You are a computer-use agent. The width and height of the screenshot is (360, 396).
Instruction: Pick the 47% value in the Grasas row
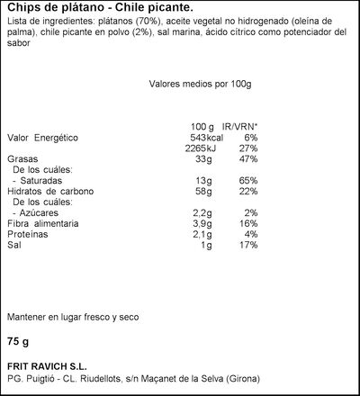pos(248,158)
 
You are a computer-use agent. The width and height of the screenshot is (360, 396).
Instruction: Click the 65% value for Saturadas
pos(248,181)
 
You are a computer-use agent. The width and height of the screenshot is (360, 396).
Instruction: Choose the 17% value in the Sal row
pos(248,246)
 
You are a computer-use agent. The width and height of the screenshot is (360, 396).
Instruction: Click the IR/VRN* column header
pos(239,125)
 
